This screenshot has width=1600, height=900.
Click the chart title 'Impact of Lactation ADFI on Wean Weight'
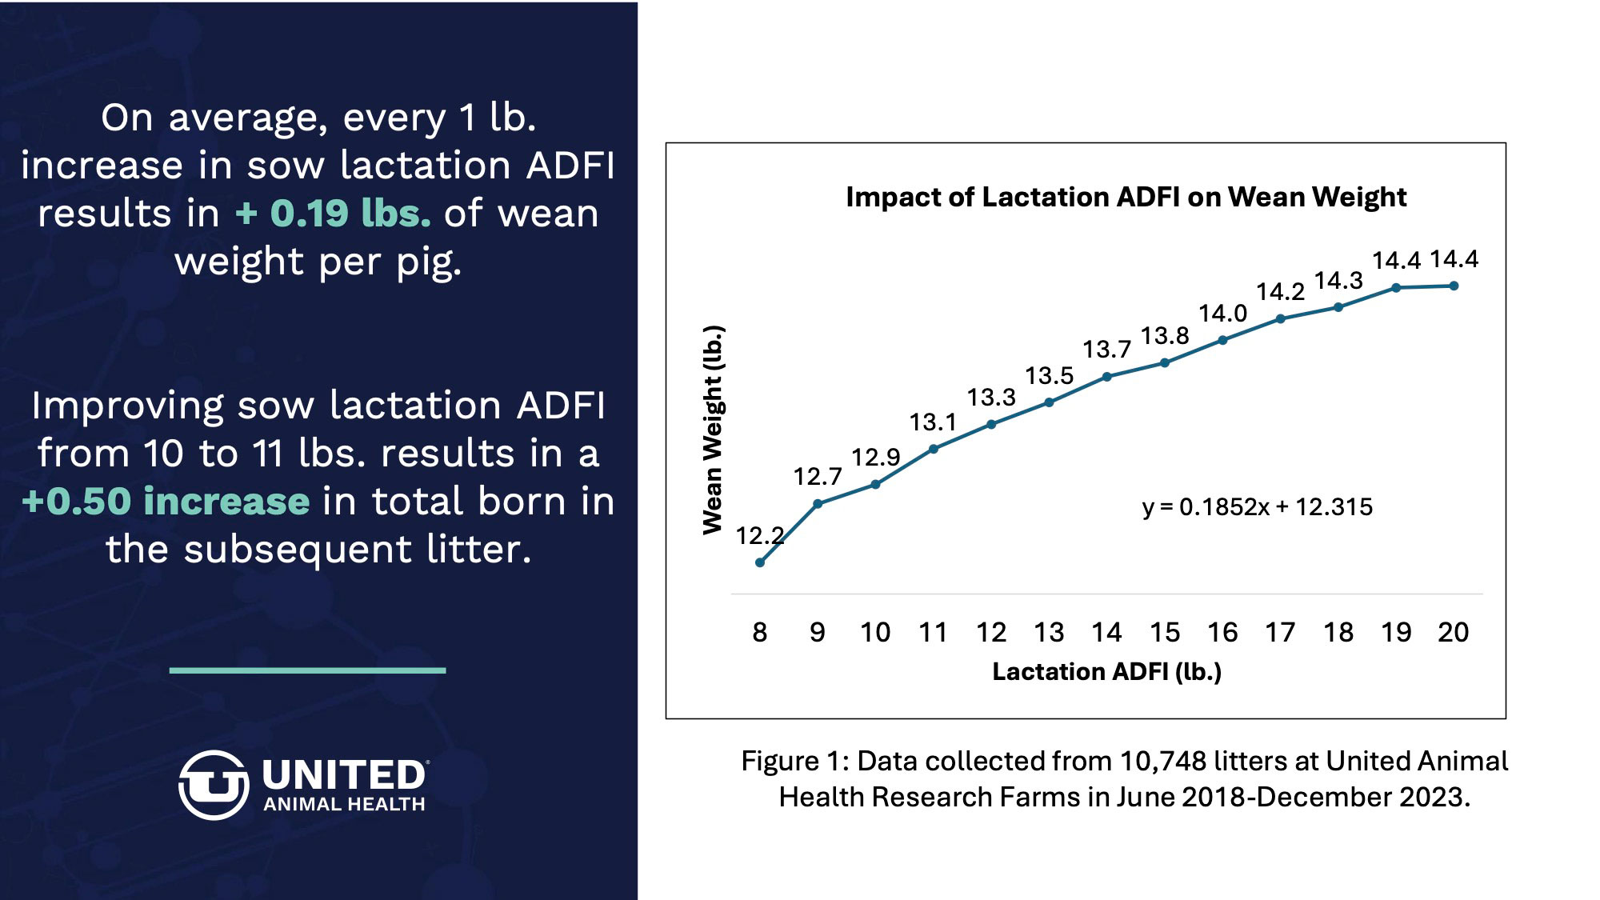[x=1126, y=197]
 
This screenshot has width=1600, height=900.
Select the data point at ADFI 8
[x=760, y=562]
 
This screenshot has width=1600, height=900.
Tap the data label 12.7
[x=817, y=477]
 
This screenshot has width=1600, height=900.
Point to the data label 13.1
[x=932, y=422]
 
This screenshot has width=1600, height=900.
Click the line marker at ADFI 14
[x=1107, y=377]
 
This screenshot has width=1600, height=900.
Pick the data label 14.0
[x=1222, y=314]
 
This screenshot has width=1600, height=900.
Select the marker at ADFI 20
[x=1454, y=286]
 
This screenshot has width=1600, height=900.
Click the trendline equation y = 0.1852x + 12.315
[x=1257, y=507]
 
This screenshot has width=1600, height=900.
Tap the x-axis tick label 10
[x=875, y=633]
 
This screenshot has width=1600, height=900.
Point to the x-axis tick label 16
[x=1222, y=633]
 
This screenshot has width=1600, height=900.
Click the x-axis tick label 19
[x=1396, y=633]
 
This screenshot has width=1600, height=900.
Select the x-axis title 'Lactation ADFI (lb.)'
[x=1106, y=672]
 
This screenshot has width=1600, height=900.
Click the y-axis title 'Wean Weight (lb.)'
[x=713, y=430]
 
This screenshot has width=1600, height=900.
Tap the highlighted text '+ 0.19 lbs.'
[x=333, y=214]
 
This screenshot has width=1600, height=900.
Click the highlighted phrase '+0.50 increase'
[x=166, y=502]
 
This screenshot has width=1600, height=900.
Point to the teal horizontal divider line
[x=307, y=670]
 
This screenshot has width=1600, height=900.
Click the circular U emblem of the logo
[x=213, y=785]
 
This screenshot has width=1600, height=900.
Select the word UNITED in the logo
[x=344, y=774]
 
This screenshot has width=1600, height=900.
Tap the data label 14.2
[x=1280, y=292]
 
